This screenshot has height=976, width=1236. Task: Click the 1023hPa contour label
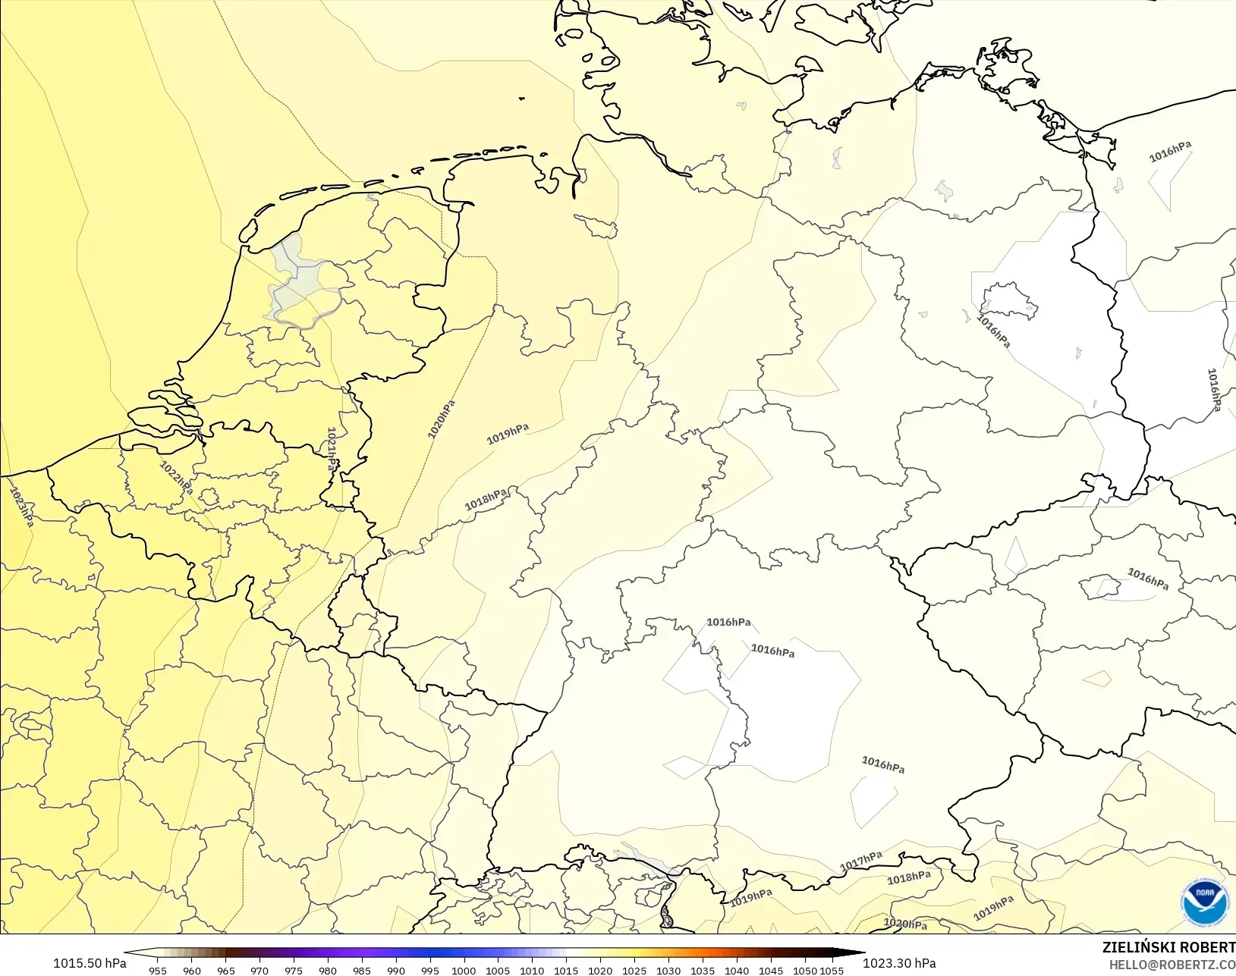point(21,507)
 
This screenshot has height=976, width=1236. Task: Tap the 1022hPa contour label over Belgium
point(176,479)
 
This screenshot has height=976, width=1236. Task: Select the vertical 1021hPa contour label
point(332,449)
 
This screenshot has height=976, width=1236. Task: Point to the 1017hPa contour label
point(861,861)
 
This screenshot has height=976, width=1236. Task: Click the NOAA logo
point(1204,902)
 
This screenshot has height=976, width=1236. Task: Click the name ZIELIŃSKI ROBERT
point(1168,947)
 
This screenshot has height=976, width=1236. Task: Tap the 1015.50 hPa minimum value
point(90,963)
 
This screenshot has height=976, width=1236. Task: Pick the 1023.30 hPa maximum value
point(899,963)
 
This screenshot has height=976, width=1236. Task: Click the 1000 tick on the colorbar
point(464,971)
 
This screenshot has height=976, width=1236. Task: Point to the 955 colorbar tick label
point(158,971)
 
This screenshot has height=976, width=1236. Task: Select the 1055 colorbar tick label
point(832,971)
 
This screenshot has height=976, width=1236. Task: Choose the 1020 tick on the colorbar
point(600,971)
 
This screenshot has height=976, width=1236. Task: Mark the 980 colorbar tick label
point(328,971)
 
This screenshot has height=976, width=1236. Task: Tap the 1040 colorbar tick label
point(736,971)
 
